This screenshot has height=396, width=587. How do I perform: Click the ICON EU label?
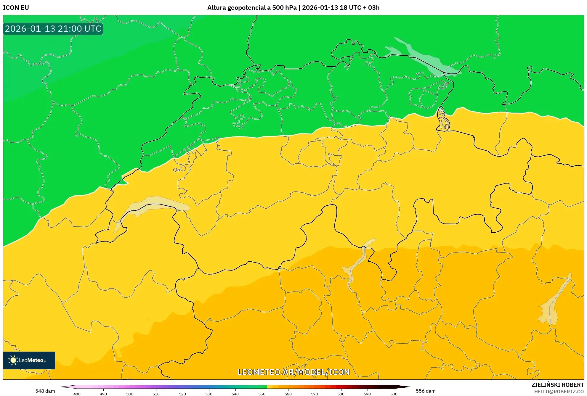(x=16, y=8)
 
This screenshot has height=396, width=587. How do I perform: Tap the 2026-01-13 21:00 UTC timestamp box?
(x=53, y=29)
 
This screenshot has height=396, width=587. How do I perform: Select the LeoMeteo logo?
(x=29, y=360)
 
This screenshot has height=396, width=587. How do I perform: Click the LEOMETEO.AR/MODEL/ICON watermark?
(x=293, y=372)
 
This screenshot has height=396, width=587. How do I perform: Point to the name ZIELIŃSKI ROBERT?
(x=557, y=385)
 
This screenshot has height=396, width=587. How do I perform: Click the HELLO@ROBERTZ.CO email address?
(x=559, y=392)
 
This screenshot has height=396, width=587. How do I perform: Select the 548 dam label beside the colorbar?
(x=45, y=391)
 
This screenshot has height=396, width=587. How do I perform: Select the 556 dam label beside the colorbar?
(x=426, y=391)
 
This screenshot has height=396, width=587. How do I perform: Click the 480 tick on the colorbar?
(x=77, y=394)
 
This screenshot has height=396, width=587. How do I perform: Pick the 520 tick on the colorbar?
(x=182, y=394)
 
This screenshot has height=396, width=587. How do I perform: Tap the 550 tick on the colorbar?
(x=262, y=394)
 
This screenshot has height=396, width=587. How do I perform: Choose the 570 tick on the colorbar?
(x=315, y=394)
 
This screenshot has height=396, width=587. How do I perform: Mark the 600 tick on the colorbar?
(x=394, y=394)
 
